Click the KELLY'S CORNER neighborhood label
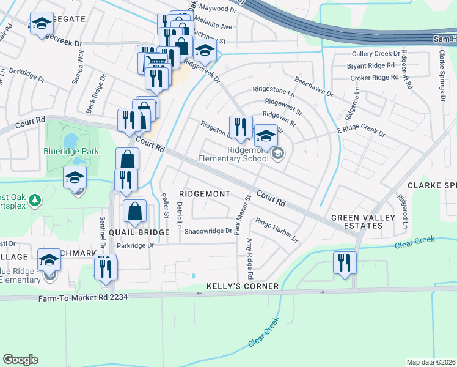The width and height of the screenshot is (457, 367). pyautogui.click(x=243, y=286)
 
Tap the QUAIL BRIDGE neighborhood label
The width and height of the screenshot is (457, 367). pyautogui.click(x=139, y=232)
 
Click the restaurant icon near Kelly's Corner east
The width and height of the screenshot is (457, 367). pyautogui.click(x=345, y=263)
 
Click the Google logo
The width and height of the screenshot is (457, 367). pyautogui.click(x=20, y=359)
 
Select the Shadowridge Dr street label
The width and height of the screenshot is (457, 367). pyautogui.click(x=208, y=231)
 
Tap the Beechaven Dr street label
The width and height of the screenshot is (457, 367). pyautogui.click(x=313, y=86)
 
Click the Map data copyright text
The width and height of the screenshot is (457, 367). pyautogui.click(x=431, y=362)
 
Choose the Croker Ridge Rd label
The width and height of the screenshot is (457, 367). pyautogui.click(x=374, y=78)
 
